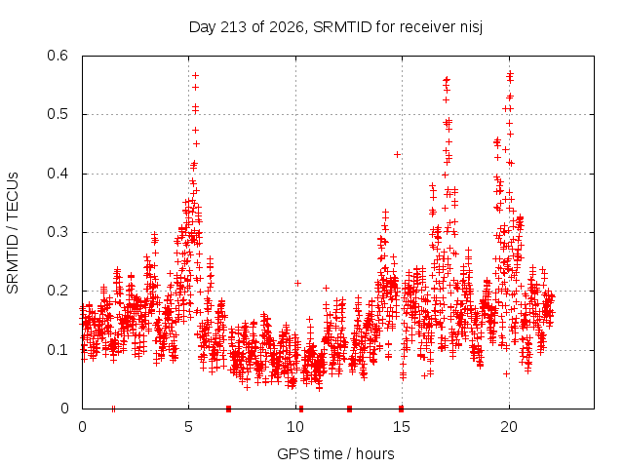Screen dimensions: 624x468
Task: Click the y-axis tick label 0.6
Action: pos(58,56)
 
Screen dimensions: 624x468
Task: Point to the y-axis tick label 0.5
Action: pos(58,115)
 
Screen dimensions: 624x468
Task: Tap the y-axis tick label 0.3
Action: pos(58,232)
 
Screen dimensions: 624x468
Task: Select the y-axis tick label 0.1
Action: pos(58,350)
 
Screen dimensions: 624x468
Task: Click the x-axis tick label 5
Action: pos(188,427)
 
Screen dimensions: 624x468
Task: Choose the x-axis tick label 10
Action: pos(295,427)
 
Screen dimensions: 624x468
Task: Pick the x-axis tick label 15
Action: pos(402,427)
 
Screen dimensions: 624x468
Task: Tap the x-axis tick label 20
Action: pos(509,427)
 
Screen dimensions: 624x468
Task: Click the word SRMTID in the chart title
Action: pos(342,27)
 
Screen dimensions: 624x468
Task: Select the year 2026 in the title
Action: pos(287,27)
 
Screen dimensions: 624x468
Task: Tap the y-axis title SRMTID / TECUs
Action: pos(13,233)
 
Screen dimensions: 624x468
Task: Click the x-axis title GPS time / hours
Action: pos(335,453)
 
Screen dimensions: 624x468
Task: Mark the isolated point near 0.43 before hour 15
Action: pos(397,154)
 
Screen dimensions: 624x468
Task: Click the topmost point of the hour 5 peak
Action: pos(195,76)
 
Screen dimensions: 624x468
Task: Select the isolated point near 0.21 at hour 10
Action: pos(297,284)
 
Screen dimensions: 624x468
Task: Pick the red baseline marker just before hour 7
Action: pos(228,409)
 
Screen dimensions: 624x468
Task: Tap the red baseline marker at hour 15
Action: pos(401,409)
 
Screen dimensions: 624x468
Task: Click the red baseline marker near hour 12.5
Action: pos(349,409)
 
